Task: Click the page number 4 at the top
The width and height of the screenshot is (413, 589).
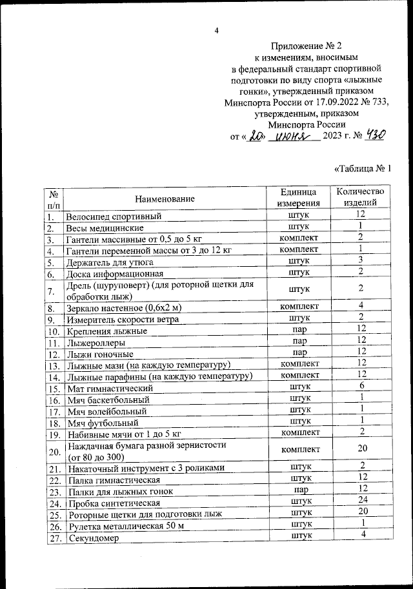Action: pos(217,30)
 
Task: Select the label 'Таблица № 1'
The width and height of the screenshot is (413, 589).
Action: pos(363,169)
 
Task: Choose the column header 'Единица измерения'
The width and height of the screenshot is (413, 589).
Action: pos(298,198)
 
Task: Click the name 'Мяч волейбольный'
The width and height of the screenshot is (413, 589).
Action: pos(106,410)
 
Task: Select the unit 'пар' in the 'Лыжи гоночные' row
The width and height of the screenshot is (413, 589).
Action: pos(298,352)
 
